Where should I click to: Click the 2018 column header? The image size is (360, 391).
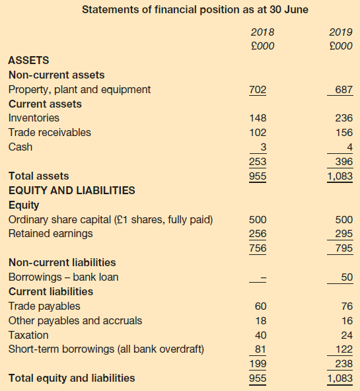(x=262, y=32)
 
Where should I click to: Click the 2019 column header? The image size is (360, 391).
(x=341, y=32)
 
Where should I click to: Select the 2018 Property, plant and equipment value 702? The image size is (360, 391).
(x=258, y=90)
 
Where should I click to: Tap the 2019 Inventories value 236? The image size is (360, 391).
(x=343, y=118)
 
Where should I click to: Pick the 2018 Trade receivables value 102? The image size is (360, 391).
(x=258, y=132)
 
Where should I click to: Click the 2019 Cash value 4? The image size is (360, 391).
(x=350, y=147)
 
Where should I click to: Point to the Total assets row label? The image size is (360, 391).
(x=39, y=176)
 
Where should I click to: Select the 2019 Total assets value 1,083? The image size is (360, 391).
(x=340, y=176)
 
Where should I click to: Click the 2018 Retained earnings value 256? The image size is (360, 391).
(x=258, y=234)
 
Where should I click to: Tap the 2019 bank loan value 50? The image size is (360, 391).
(x=347, y=277)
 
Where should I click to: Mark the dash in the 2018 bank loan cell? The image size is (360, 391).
(x=264, y=277)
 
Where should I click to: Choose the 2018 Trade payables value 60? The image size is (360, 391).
(x=260, y=306)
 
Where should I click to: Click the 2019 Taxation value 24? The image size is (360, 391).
(x=347, y=335)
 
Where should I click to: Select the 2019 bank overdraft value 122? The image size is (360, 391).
(x=344, y=349)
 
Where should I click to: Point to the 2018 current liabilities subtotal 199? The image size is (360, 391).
(x=258, y=363)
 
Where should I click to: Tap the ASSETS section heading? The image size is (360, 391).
(x=28, y=60)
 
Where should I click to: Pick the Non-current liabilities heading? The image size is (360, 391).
(x=62, y=263)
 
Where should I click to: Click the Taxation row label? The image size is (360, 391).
(x=28, y=335)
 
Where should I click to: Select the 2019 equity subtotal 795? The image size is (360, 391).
(x=344, y=248)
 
